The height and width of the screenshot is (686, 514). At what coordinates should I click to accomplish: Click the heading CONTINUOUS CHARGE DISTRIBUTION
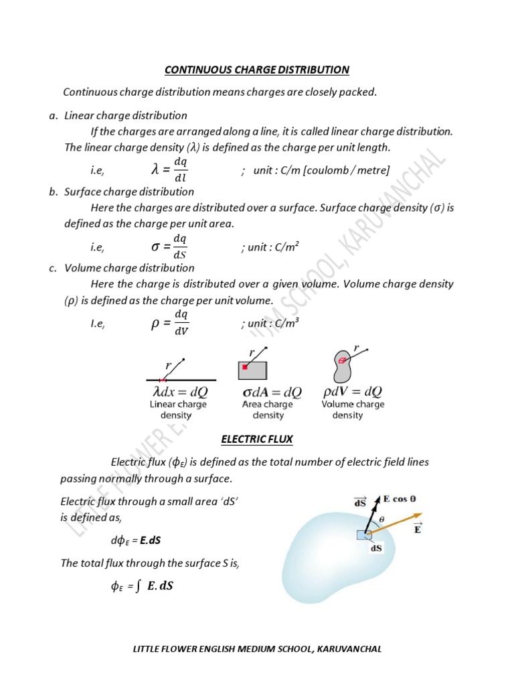[257, 70]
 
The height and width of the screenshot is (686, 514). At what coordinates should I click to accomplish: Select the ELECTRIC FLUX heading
[257, 439]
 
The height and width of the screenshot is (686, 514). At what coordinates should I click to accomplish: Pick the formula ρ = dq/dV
[170, 323]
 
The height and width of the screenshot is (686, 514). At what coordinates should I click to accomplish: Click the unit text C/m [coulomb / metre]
[315, 171]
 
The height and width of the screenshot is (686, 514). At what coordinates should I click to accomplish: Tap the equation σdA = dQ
[271, 392]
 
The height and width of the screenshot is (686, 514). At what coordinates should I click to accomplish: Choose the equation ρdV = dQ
[353, 391]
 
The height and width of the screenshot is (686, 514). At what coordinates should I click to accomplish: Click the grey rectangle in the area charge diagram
[253, 370]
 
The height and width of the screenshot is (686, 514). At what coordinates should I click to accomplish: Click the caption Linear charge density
[177, 410]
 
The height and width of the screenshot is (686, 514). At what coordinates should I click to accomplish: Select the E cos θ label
[399, 498]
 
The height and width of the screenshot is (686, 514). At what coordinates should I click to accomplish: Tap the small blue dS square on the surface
[365, 535]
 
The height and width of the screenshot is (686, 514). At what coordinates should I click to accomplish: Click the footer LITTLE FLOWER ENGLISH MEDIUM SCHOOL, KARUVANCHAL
[258, 649]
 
